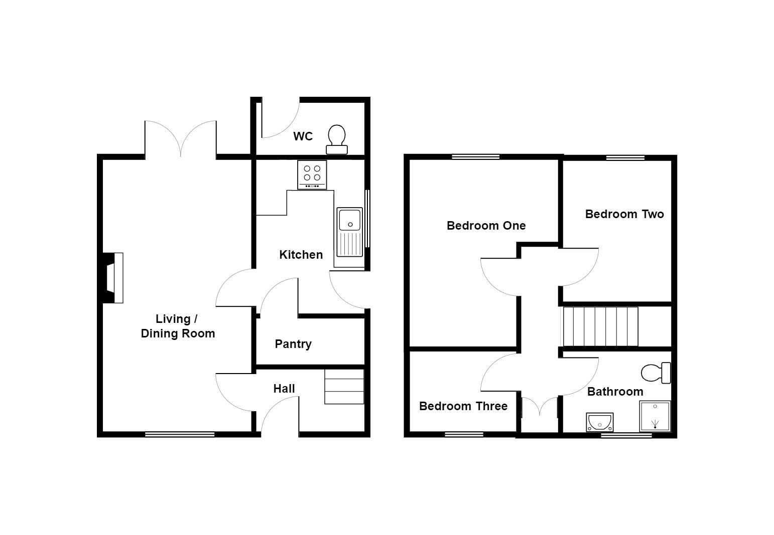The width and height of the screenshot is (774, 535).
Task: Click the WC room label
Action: coord(303,136)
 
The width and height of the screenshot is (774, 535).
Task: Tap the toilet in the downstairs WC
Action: coord(337,139)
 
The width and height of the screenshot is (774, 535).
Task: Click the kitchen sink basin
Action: coord(349,220)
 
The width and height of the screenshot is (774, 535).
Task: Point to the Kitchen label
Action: coord(301,255)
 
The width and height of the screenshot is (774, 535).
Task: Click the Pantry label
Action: coord(293,344)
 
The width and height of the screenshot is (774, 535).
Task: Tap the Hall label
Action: coord(284,389)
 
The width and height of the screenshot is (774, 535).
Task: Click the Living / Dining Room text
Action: coord(178,326)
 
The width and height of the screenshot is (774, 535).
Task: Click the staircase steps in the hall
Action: coord(344,386)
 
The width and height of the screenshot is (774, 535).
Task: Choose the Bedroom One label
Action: coord(486,226)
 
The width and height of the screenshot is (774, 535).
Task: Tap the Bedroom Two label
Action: coord(624,214)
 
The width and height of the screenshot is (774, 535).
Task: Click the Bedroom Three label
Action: coord(463,406)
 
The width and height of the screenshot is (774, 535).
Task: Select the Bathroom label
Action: coord(615,392)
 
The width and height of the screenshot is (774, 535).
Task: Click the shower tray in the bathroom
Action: coord(655,416)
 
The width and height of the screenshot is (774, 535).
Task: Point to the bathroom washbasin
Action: coord(599,422)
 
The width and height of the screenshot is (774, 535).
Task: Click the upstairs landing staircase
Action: coord(600,326)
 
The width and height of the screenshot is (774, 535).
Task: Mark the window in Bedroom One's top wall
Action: coord(475,157)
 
